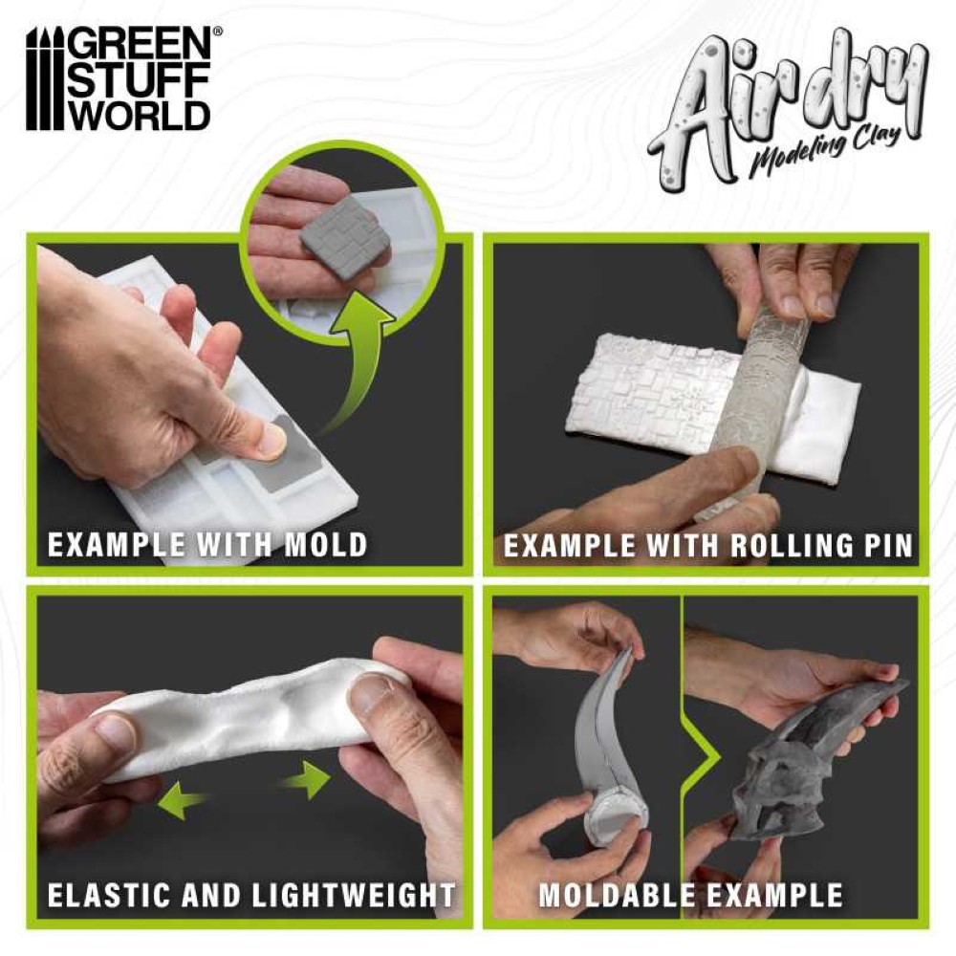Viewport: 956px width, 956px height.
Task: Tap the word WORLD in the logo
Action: [x=139, y=114]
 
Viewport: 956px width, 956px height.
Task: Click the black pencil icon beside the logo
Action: [x=45, y=78]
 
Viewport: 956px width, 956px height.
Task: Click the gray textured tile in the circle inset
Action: [x=337, y=231]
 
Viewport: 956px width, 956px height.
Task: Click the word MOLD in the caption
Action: [x=326, y=545]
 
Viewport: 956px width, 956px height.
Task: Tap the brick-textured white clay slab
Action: [x=659, y=384]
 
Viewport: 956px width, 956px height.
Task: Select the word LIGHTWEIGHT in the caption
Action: [x=354, y=896]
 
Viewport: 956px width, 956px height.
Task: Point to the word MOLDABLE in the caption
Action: [x=615, y=896]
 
